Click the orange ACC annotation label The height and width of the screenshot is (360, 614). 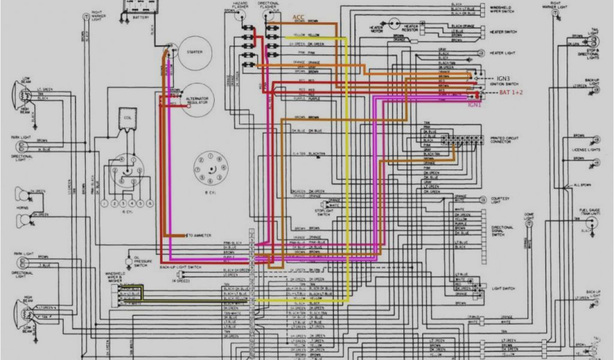298,17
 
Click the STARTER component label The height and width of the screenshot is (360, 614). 195,52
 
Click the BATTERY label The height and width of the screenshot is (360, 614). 140,17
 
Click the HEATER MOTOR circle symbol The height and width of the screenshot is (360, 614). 395,24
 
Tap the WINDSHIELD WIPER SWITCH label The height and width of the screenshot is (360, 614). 504,9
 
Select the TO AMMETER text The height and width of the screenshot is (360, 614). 200,235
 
